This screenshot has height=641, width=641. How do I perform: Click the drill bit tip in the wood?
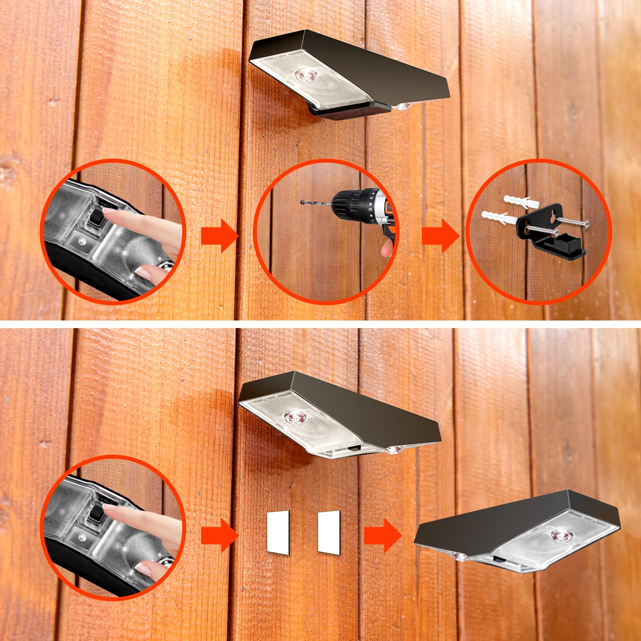click(302, 202)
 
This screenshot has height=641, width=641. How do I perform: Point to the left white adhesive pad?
click(278, 532)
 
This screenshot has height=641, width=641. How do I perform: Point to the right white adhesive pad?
click(329, 532)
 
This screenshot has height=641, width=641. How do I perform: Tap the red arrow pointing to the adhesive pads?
click(218, 535)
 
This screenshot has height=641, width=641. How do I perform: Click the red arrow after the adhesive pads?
click(381, 535)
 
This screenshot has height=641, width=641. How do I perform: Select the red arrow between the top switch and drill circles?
click(218, 236)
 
